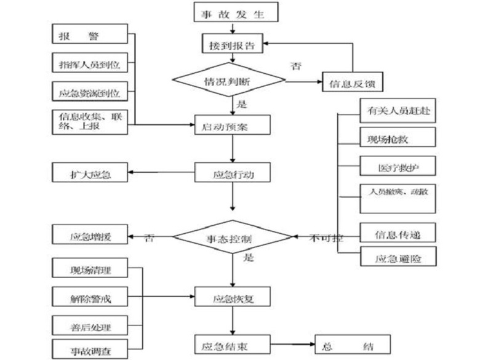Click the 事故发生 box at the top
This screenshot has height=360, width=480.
233,12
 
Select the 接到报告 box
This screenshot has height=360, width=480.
233,44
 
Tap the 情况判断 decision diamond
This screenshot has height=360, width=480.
228,81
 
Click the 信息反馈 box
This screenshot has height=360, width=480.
353,82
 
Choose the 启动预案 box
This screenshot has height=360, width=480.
232,127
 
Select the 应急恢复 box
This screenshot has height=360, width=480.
232,298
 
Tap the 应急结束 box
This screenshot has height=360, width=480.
232,345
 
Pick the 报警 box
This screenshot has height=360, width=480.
90,34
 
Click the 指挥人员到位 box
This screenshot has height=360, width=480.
90,63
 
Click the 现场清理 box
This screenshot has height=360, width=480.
90,270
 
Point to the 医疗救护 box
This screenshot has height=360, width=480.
398,167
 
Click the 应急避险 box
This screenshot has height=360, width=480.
398,255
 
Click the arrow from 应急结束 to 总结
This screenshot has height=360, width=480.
292,345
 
